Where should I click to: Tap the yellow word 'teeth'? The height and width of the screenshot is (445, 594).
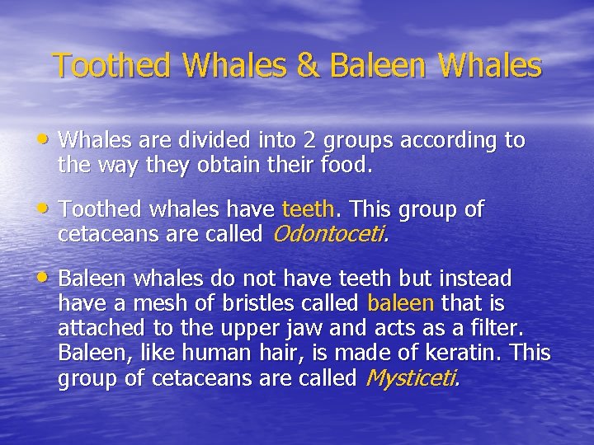pos(309,209)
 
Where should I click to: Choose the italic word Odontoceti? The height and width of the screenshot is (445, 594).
pos(328,234)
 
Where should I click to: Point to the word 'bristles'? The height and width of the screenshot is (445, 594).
pos(249,303)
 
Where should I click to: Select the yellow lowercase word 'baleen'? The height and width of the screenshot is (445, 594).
pos(399,303)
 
